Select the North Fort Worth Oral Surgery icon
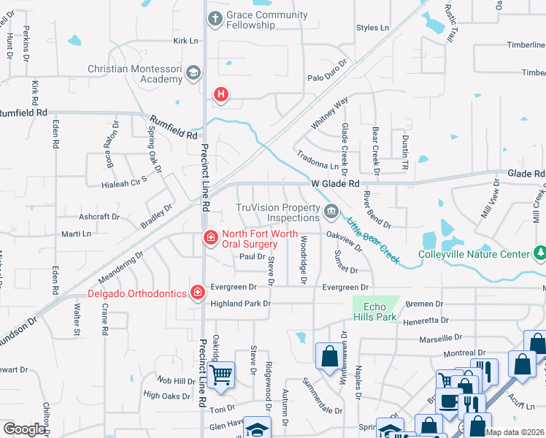click(x=210, y=237)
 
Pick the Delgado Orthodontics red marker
click(x=197, y=293)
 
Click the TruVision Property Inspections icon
click(x=331, y=212)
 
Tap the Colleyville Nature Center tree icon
click(x=539, y=253)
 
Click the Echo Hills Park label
click(x=380, y=312)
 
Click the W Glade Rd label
click(x=335, y=185)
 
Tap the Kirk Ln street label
click(x=186, y=41)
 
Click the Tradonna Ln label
click(x=318, y=160)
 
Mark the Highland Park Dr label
click(x=240, y=304)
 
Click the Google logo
click(x=24, y=429)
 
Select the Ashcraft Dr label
click(x=99, y=217)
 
